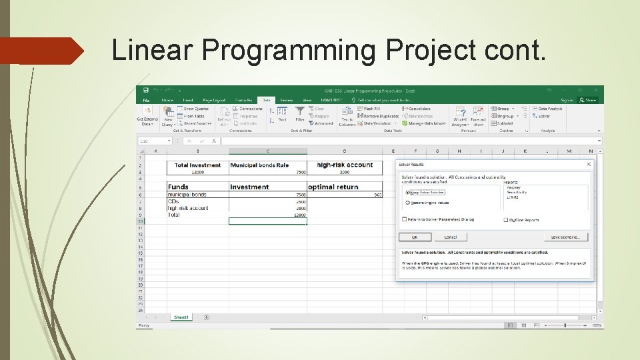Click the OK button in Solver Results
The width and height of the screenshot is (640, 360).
415,237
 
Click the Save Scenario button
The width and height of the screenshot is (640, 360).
566,237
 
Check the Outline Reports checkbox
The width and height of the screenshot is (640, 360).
506,220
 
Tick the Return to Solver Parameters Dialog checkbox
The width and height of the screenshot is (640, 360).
405,219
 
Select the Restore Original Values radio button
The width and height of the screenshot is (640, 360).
408,203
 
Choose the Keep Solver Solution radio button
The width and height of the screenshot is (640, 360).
408,193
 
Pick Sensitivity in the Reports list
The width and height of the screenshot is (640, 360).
518,192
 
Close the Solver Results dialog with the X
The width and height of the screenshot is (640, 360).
589,164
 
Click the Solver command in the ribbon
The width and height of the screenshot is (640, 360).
543,116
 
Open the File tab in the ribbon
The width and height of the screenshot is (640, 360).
145,100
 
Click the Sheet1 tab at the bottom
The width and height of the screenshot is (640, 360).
180,317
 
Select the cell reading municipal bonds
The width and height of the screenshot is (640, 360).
187,195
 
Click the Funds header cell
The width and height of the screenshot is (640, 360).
179,187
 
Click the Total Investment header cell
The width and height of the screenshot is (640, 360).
197,165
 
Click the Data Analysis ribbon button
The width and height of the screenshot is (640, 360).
550,109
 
